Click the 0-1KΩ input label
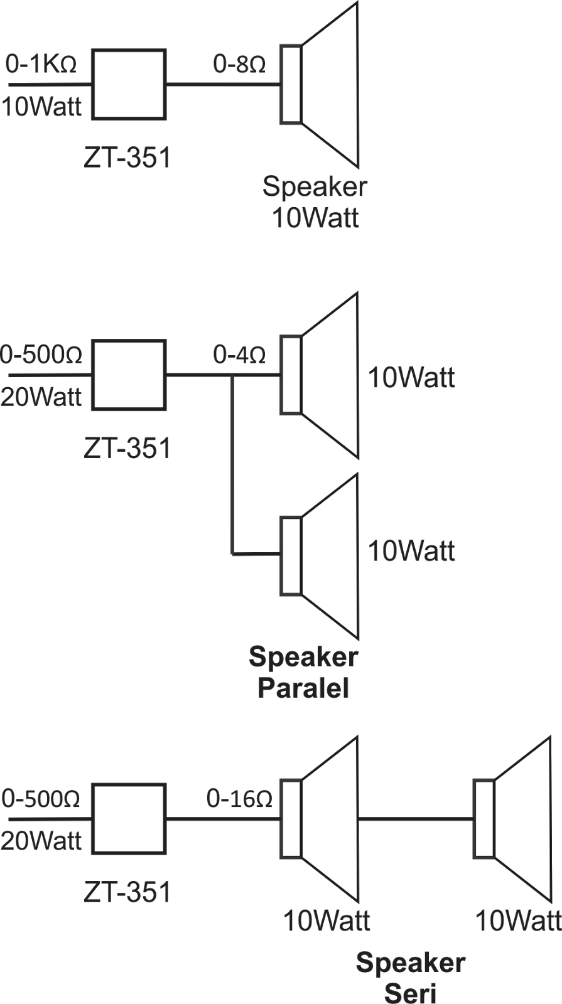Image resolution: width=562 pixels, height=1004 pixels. (x=41, y=65)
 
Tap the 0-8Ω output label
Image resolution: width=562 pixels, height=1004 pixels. (x=239, y=65)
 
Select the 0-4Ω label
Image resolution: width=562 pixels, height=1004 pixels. (x=239, y=356)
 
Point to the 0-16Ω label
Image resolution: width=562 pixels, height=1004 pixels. (x=239, y=799)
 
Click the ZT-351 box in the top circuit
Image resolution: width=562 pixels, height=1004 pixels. (x=129, y=85)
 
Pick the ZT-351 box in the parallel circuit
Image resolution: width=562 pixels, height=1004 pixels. (x=129, y=375)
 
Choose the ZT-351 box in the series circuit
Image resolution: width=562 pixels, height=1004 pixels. (x=129, y=819)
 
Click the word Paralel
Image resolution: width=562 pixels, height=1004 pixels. (x=303, y=689)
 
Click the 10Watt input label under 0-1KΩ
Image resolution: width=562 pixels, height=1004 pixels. (x=41, y=107)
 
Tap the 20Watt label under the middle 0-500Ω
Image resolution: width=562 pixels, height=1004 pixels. (x=41, y=397)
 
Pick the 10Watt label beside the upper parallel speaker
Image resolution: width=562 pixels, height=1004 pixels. (x=411, y=378)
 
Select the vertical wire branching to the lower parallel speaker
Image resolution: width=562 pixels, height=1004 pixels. (x=233, y=464)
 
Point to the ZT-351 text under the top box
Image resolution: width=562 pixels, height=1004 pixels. (x=127, y=158)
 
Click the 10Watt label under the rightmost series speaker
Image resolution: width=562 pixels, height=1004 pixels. (x=518, y=921)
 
